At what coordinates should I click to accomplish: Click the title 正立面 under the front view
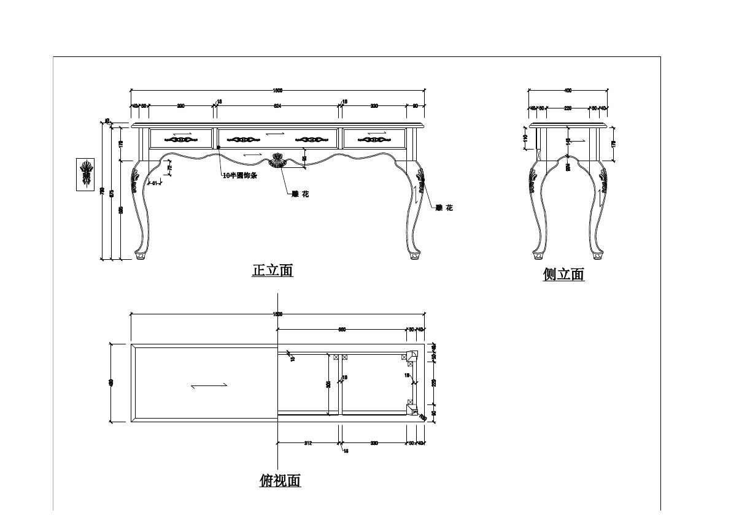[273, 270]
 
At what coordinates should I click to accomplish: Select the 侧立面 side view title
[563, 275]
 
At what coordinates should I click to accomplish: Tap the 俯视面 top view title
[280, 480]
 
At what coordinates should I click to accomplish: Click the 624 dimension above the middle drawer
[277, 106]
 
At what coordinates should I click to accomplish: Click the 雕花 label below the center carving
[300, 194]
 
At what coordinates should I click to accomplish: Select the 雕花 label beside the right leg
[444, 208]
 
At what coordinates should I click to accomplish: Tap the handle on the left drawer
[182, 140]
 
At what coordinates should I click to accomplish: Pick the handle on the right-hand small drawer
[374, 140]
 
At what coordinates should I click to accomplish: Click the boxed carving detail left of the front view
[85, 174]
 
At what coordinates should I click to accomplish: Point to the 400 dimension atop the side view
[568, 91]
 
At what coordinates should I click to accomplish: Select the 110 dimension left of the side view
[525, 138]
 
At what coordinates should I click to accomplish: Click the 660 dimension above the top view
[342, 330]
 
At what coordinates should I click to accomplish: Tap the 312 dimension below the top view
[308, 443]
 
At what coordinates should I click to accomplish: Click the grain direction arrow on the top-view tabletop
[209, 385]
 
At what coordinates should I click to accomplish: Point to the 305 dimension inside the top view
[329, 384]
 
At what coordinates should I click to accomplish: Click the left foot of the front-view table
[140, 255]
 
